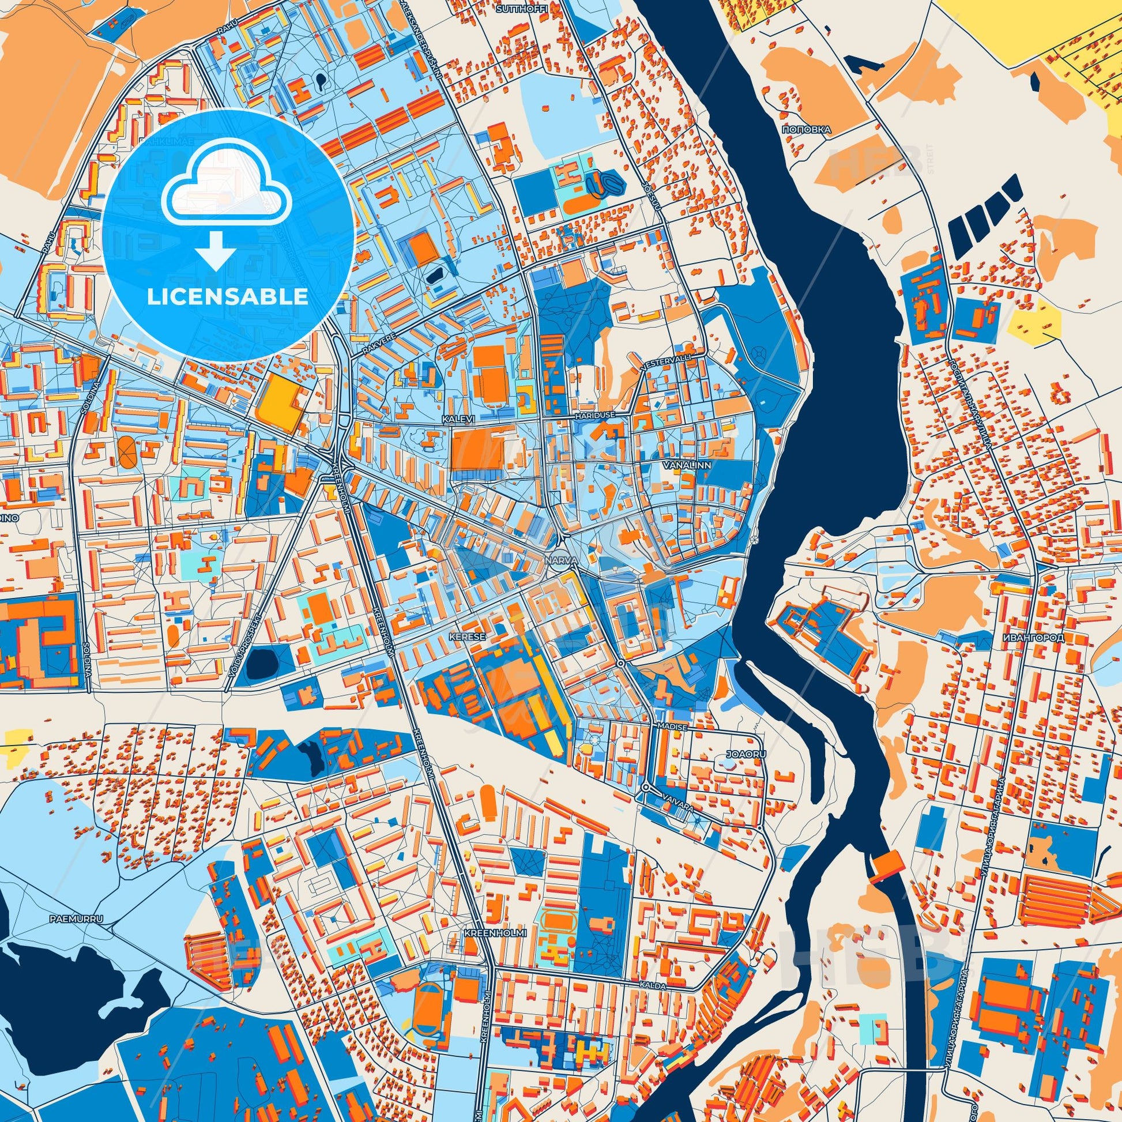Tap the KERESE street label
459,637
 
